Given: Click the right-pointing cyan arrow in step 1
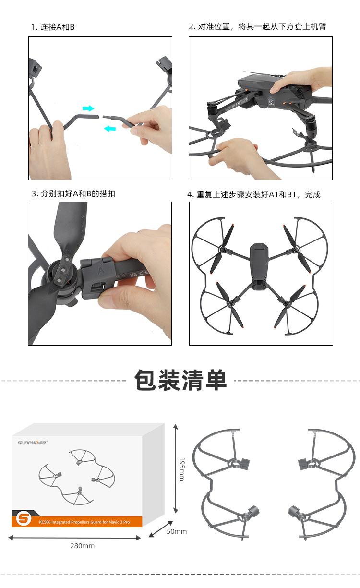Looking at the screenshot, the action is click(x=88, y=108).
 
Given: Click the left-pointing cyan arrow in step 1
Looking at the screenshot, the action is click(x=110, y=128).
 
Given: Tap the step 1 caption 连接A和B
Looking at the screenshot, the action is click(x=53, y=27).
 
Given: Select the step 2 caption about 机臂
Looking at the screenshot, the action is click(x=257, y=26).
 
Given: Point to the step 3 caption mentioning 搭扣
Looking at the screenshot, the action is click(x=73, y=194).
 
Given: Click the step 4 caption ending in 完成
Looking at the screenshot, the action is click(x=253, y=194).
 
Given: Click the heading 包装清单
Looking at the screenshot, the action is click(x=180, y=380).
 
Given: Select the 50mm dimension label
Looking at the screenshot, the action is click(x=177, y=531).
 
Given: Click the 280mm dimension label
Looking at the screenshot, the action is click(x=83, y=546).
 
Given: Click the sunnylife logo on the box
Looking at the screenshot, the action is click(x=32, y=443).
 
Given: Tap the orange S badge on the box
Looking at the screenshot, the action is click(x=24, y=518).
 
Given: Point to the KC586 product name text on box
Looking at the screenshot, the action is click(x=84, y=522).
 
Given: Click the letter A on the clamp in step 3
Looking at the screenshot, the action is click(x=101, y=271).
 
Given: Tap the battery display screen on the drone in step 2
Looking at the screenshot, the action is click(x=271, y=100).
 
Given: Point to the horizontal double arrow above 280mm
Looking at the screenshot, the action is click(x=74, y=538).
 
